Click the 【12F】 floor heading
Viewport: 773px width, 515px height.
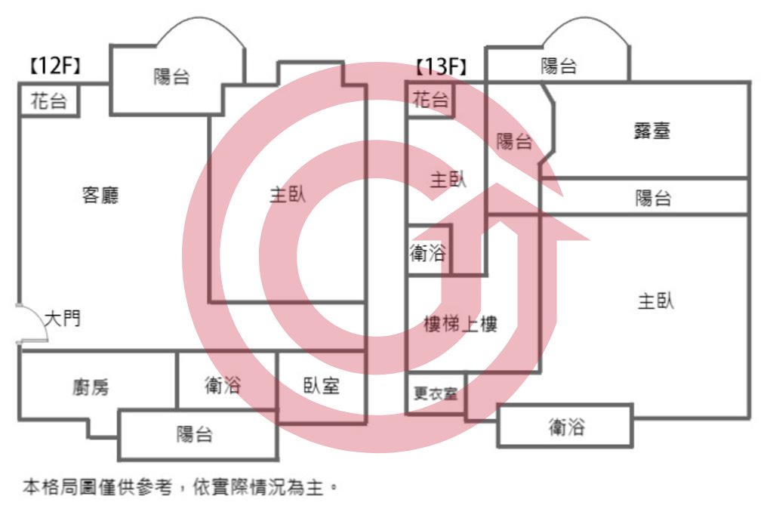coord(55,65)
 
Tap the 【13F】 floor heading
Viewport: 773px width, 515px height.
coord(441,66)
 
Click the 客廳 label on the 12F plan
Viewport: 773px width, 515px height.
coord(100,196)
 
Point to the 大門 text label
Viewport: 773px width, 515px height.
coord(63,319)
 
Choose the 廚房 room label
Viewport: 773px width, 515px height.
coord(91,387)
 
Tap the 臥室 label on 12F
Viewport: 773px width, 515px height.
coord(322,386)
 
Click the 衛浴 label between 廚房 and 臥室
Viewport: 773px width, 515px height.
coord(223,385)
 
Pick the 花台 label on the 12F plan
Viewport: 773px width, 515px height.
coord(49,101)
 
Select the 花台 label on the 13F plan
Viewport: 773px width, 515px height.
coord(430,100)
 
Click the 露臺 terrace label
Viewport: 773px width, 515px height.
coord(651,131)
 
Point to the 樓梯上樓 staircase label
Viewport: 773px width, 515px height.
coord(460,324)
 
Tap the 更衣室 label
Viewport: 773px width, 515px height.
coord(436,393)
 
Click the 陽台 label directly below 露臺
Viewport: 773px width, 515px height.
coord(653,199)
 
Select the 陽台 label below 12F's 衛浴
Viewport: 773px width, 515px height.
coord(195,434)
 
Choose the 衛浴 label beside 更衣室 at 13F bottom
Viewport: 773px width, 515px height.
coord(567,427)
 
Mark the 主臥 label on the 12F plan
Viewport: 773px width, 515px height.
coord(288,194)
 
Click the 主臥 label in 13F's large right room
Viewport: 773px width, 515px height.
coord(656,301)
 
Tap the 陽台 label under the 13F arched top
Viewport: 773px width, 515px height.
coord(559,66)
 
